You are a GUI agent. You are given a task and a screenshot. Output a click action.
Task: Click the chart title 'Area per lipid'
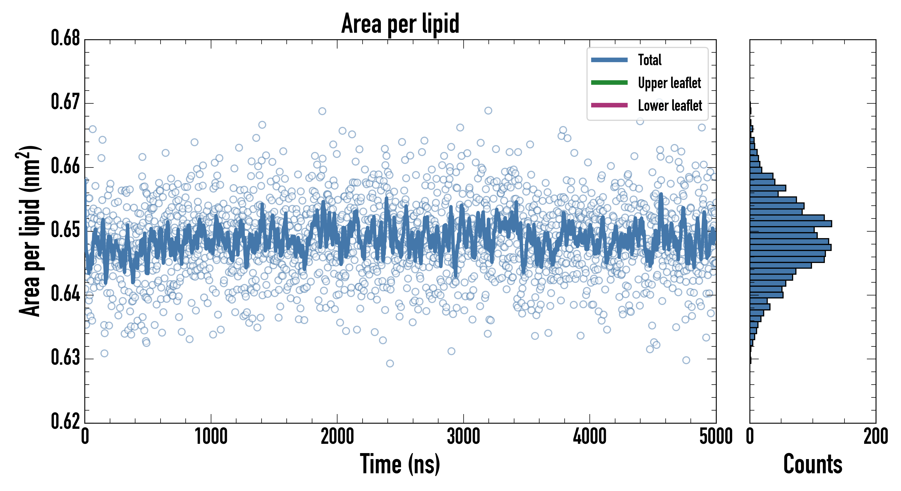[x=400, y=23]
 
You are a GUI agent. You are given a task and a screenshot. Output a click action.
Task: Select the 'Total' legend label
[x=650, y=60]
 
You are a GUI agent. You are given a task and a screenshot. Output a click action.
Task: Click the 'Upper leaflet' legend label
[x=669, y=83]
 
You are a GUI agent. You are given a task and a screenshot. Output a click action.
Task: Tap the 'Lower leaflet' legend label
[x=670, y=106]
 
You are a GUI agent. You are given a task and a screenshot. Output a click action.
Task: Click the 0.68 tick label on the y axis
[x=66, y=38]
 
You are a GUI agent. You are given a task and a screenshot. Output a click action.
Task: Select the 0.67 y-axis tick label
[x=66, y=102]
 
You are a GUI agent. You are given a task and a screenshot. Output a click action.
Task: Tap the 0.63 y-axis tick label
[x=66, y=358]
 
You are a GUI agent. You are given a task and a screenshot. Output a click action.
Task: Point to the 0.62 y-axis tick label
[x=66, y=421]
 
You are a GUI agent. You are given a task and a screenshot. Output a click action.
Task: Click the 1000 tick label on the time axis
[x=211, y=437]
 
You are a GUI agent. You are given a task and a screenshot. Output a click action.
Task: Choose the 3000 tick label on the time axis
[x=463, y=437]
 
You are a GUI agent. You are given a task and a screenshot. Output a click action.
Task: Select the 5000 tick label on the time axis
[x=716, y=437]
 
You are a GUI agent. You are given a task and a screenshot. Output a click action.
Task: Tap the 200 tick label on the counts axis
[x=875, y=437]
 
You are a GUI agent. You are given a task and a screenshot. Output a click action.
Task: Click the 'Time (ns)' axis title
[x=400, y=464]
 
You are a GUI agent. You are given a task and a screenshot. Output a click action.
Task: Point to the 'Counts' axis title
[x=813, y=464]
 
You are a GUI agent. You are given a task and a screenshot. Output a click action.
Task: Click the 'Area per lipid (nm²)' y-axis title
[x=30, y=231]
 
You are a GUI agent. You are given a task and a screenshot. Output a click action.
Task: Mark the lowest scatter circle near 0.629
[x=390, y=363]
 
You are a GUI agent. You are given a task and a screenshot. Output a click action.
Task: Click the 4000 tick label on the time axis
[x=590, y=437]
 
